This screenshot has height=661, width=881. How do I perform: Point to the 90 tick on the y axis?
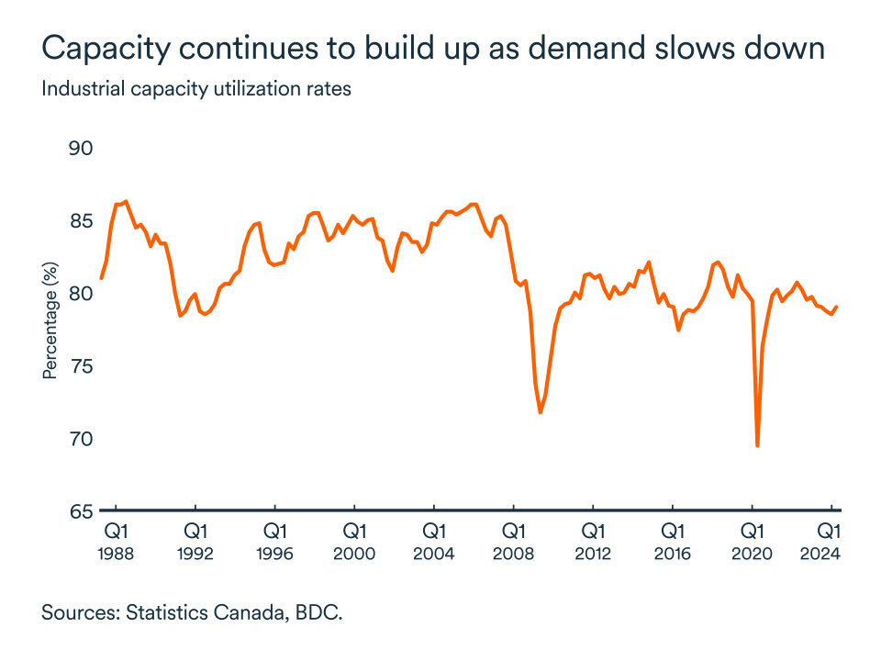pyautogui.click(x=83, y=149)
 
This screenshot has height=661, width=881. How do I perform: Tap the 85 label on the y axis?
pyautogui.click(x=83, y=221)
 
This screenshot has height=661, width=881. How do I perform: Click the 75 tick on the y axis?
pyautogui.click(x=83, y=366)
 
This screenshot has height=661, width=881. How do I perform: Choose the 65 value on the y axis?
pyautogui.click(x=83, y=511)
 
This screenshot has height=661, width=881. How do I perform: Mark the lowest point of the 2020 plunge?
pyautogui.click(x=757, y=445)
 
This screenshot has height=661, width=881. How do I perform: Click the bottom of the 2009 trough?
pyautogui.click(x=541, y=412)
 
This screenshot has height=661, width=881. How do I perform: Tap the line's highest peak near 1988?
pyautogui.click(x=126, y=201)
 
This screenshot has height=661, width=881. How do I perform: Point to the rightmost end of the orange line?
pyautogui.click(x=836, y=308)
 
